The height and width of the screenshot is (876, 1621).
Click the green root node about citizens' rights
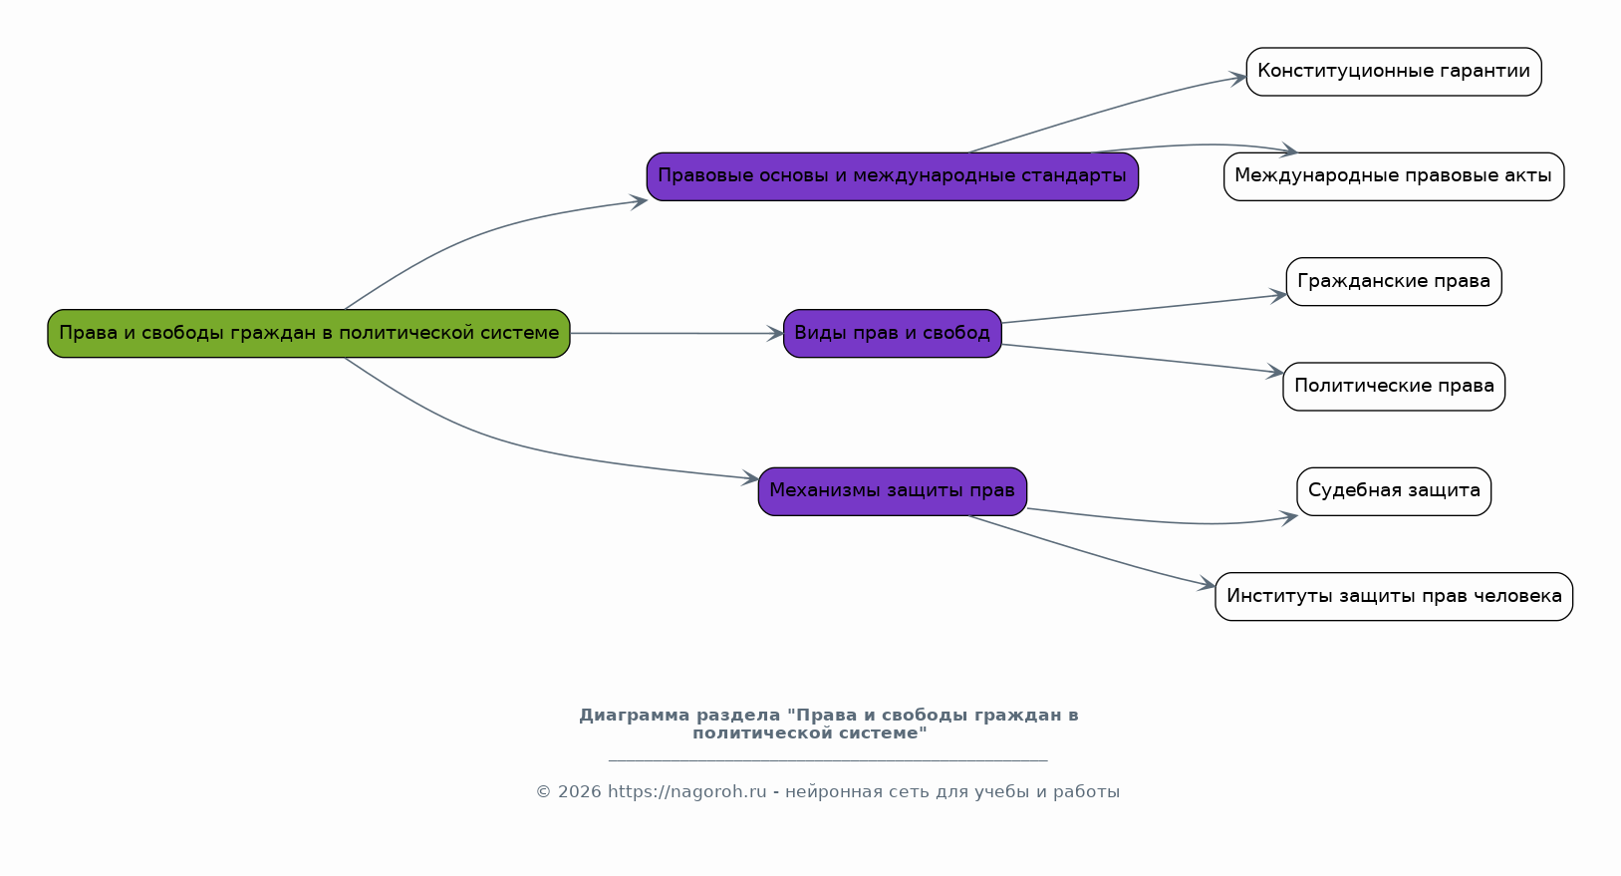tap(309, 333)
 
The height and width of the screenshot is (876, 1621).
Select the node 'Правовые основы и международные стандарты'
tap(892, 176)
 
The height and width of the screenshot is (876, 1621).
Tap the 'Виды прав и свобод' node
tap(892, 333)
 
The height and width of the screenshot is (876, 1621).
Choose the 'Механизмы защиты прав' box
tap(892, 491)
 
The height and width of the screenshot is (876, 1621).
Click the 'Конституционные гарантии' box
tap(1393, 72)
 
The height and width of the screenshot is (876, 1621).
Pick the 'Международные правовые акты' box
tap(1393, 176)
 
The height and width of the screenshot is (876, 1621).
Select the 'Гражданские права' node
tap(1393, 281)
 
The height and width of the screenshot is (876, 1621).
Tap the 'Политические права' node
tap(1393, 387)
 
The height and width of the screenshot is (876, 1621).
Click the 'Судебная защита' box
tap(1393, 491)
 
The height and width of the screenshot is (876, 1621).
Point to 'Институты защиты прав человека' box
tap(1393, 596)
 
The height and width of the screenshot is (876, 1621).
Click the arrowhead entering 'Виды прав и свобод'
tap(775, 334)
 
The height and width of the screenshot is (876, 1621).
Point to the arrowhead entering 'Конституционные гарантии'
tap(1238, 78)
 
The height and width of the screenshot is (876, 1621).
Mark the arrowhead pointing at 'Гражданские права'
tap(1277, 295)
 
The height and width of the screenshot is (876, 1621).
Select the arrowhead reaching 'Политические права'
tap(1274, 372)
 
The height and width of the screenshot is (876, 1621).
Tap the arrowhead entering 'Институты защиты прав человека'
tap(1207, 585)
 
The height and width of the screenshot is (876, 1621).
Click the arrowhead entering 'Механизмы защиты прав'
tap(750, 478)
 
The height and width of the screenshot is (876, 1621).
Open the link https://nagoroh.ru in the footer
tap(686, 792)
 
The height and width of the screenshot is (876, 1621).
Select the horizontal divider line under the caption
tap(827, 760)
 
